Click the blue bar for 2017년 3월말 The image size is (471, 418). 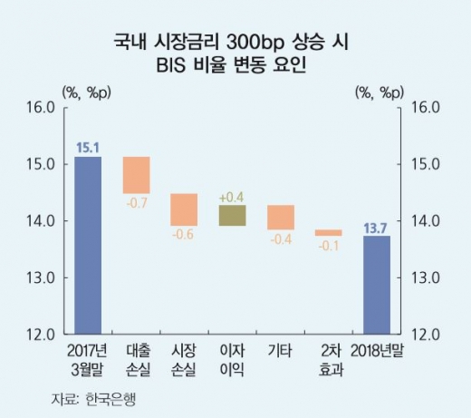pos(88,245)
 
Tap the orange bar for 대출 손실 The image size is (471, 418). pos(136,175)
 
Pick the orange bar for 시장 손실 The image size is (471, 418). pos(184,209)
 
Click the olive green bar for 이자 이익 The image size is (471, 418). pos(232,215)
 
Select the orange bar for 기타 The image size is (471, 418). pos(280,217)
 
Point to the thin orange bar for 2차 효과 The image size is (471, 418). pos(328,233)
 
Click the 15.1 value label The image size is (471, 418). pos(87,146)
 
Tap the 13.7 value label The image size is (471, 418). pos(377,226)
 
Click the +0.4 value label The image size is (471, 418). pos(232,196)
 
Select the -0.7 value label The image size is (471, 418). pos(136,202)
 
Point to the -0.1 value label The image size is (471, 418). pos(328,246)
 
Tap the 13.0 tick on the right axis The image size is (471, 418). pos(427,277)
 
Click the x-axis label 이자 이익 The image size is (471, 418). pos(232,359)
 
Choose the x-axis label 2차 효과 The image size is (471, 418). pos(328,359)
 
